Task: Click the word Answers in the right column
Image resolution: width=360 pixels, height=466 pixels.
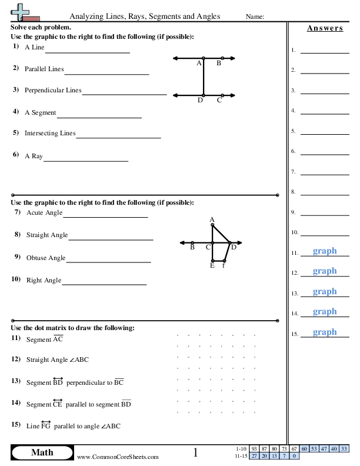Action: tap(325, 28)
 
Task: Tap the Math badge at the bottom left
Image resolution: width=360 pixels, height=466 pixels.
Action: tap(42, 452)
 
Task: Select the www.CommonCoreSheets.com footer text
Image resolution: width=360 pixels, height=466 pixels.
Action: tap(118, 457)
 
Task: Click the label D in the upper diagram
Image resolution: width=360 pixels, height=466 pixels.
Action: tap(200, 100)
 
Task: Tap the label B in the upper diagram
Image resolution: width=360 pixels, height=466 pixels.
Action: tap(219, 63)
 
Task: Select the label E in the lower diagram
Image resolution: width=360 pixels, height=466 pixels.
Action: tap(212, 265)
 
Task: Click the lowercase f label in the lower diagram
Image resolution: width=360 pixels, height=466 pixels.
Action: tap(224, 265)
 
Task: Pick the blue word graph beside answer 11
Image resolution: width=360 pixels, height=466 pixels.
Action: tap(325, 251)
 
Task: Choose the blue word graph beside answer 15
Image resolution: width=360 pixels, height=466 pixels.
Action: tap(325, 332)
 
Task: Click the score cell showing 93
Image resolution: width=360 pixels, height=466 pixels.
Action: tap(254, 449)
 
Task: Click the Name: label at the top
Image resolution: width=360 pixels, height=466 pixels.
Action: tap(255, 16)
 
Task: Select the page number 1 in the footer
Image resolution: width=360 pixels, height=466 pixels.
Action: tap(195, 452)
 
